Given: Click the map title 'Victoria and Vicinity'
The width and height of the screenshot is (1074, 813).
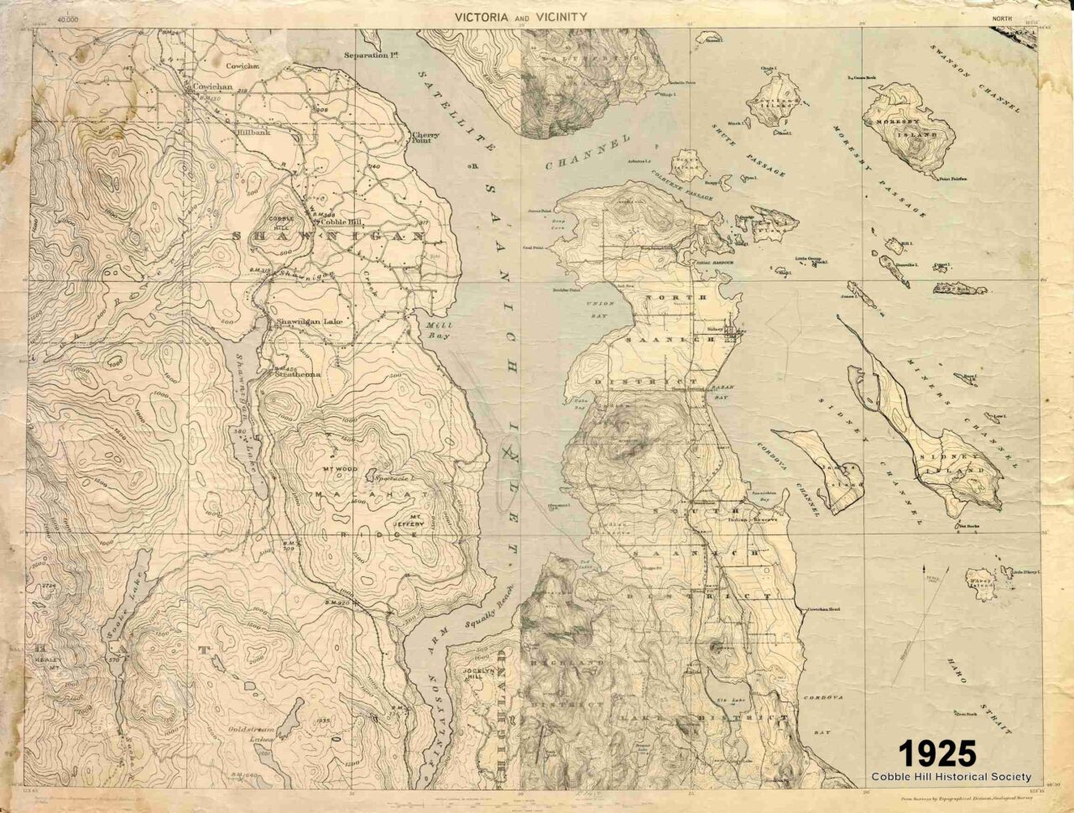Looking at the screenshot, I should [x=520, y=16].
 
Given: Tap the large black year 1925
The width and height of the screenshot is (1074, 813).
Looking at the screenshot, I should [x=938, y=753].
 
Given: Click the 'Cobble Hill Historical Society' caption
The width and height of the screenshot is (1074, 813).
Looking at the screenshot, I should [x=951, y=777].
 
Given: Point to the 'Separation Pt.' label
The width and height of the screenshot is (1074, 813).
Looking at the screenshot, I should [x=370, y=55].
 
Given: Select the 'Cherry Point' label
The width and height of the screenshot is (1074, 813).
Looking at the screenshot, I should [x=425, y=139].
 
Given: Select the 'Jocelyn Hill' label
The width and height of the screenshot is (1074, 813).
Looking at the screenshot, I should [x=468, y=676].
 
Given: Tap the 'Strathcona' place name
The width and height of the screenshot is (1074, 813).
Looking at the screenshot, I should [x=294, y=375].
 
